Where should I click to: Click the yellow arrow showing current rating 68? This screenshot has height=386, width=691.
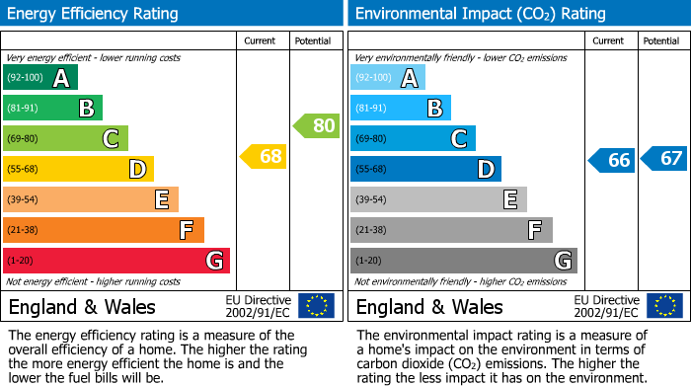pos(264,156)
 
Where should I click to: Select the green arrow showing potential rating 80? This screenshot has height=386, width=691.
pos(316,125)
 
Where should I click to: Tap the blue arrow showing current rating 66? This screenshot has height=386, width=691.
pos(611,160)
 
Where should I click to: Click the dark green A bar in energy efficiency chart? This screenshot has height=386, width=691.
pos(39,78)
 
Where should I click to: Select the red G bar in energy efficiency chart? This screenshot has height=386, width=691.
pos(115,261)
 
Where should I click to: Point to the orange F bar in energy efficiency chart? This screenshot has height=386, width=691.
pos(103,230)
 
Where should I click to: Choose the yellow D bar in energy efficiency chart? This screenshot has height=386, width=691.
pos(78,169)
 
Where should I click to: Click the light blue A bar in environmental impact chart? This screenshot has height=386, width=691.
pos(387,78)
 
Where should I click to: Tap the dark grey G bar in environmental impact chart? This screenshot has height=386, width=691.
pos(463,261)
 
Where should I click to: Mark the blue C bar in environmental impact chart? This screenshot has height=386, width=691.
pos(412,138)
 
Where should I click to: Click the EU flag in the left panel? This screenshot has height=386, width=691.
pos(316,305)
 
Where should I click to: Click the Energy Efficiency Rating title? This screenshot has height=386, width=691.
pos(94,14)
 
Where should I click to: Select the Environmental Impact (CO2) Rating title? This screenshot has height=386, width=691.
pos(480,14)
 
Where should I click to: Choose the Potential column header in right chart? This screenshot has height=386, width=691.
pos(661,40)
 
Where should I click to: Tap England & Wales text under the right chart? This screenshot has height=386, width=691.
pos(429,306)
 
